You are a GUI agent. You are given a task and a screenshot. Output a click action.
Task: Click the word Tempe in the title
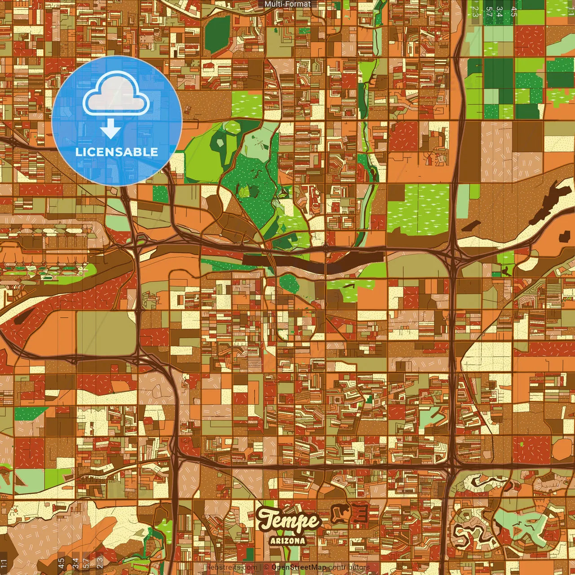pyautogui.click(x=288, y=521)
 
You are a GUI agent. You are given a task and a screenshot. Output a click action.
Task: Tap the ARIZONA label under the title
pyautogui.click(x=288, y=541)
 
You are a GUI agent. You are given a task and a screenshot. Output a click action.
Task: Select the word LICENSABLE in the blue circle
pyautogui.click(x=116, y=152)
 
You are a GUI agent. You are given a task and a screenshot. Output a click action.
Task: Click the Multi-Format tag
pyautogui.click(x=287, y=4)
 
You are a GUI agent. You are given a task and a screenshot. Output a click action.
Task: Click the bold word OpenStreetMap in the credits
pyautogui.click(x=299, y=567)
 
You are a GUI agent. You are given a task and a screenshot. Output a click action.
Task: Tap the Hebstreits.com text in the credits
pyautogui.click(x=231, y=567)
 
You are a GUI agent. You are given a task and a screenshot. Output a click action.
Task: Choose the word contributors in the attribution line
pyautogui.click(x=349, y=567)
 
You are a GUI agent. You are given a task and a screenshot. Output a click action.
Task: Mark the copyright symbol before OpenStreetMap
pyautogui.click(x=266, y=567)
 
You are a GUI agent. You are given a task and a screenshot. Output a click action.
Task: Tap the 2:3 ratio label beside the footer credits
pyautogui.click(x=100, y=562)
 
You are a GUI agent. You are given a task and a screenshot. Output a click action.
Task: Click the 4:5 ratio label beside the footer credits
pyautogui.click(x=61, y=562)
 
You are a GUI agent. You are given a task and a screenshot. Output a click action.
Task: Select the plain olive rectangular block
pyautogui.click(x=106, y=332)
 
